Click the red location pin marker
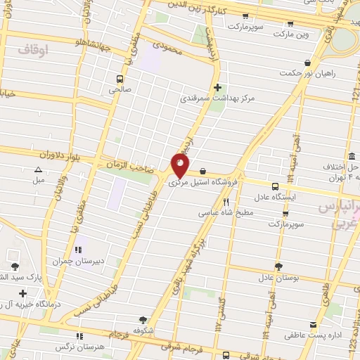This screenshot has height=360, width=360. (x=180, y=165)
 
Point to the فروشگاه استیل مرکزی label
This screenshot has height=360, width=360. (x=203, y=181)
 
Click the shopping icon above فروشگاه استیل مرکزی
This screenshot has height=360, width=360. (x=203, y=170)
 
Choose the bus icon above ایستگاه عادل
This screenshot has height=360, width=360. (x=274, y=186)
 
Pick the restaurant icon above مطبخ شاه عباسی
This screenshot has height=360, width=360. (x=226, y=201)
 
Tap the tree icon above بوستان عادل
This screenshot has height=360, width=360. (x=278, y=266)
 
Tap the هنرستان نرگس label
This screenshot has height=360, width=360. (x=79, y=347)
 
